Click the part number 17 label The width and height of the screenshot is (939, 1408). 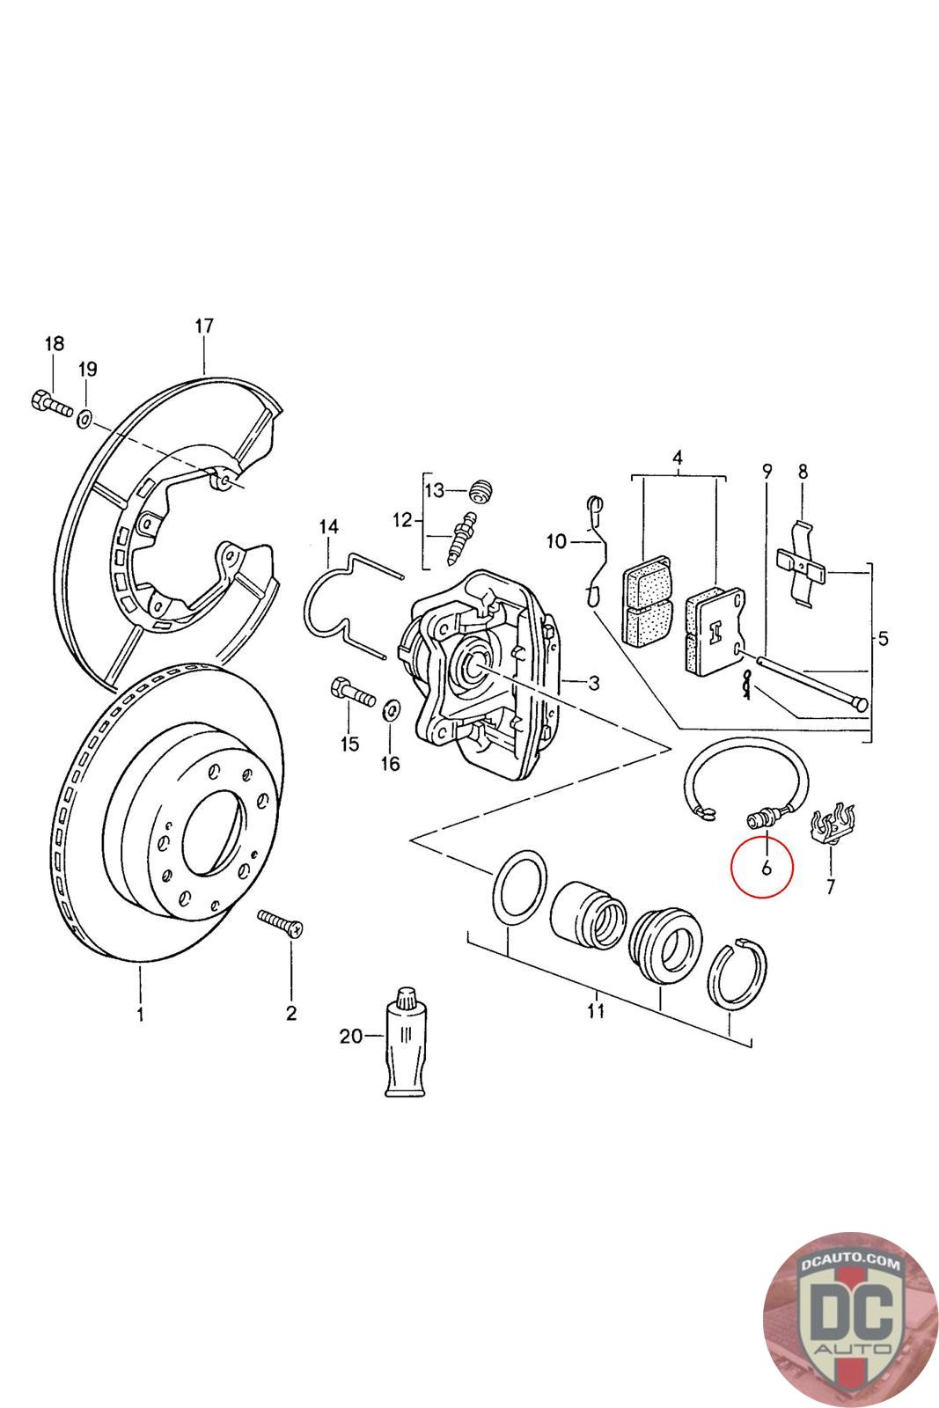203,326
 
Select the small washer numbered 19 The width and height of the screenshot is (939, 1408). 85,415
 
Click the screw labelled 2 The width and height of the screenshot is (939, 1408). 281,922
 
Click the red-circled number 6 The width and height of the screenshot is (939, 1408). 766,867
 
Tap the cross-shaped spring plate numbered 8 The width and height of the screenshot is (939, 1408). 802,564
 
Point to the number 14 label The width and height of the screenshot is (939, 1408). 328,527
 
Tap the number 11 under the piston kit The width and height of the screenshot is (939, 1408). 596,1009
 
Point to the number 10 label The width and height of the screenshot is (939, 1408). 556,541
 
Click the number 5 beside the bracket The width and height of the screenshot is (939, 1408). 883,638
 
